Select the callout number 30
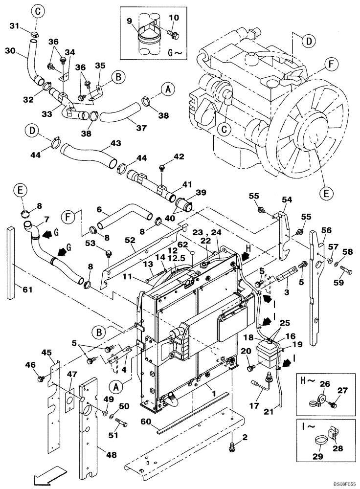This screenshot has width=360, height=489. click(11, 50)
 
